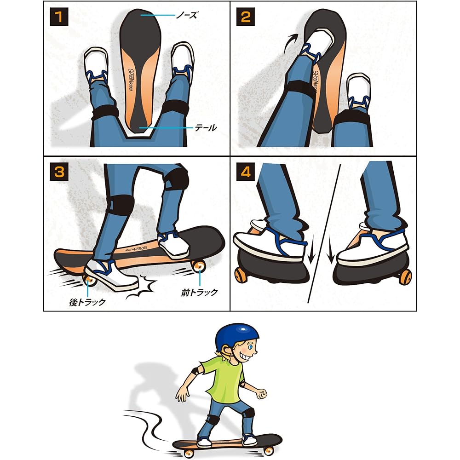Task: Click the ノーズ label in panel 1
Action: pyautogui.click(x=187, y=16)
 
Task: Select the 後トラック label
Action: pyautogui.click(x=87, y=302)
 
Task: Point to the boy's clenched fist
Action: pyautogui.click(x=262, y=394)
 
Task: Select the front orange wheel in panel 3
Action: pyautogui.click(x=200, y=266)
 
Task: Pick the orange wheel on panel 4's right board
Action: pyautogui.click(x=405, y=277)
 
